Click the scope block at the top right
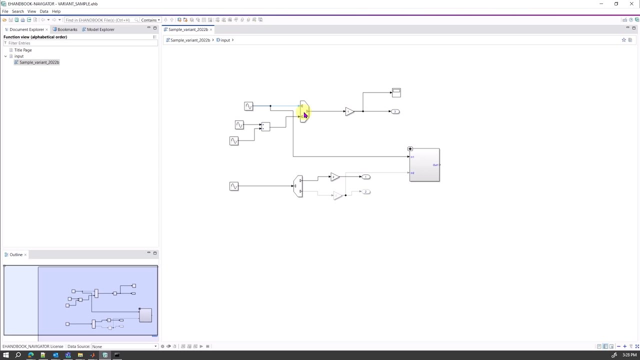pyautogui.click(x=396, y=92)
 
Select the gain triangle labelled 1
pyautogui.click(x=349, y=111)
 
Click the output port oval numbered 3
pyautogui.click(x=395, y=111)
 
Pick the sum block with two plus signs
pyautogui.click(x=265, y=127)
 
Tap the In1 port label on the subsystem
pyautogui.click(x=412, y=157)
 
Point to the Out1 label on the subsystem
pyautogui.click(x=435, y=165)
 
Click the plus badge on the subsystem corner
pyautogui.click(x=410, y=149)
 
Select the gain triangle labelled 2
pyautogui.click(x=334, y=177)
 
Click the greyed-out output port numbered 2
pyautogui.click(x=366, y=192)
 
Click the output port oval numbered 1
pyautogui.click(x=366, y=177)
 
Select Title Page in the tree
pyautogui.click(x=23, y=50)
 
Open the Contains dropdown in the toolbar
pyautogui.click(x=150, y=20)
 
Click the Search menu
pyautogui.click(x=17, y=11)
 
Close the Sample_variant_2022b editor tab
pyautogui.click(x=211, y=29)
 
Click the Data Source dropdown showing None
pyautogui.click(x=124, y=346)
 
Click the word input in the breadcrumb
pyautogui.click(x=225, y=40)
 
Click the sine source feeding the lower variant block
pyautogui.click(x=233, y=186)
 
